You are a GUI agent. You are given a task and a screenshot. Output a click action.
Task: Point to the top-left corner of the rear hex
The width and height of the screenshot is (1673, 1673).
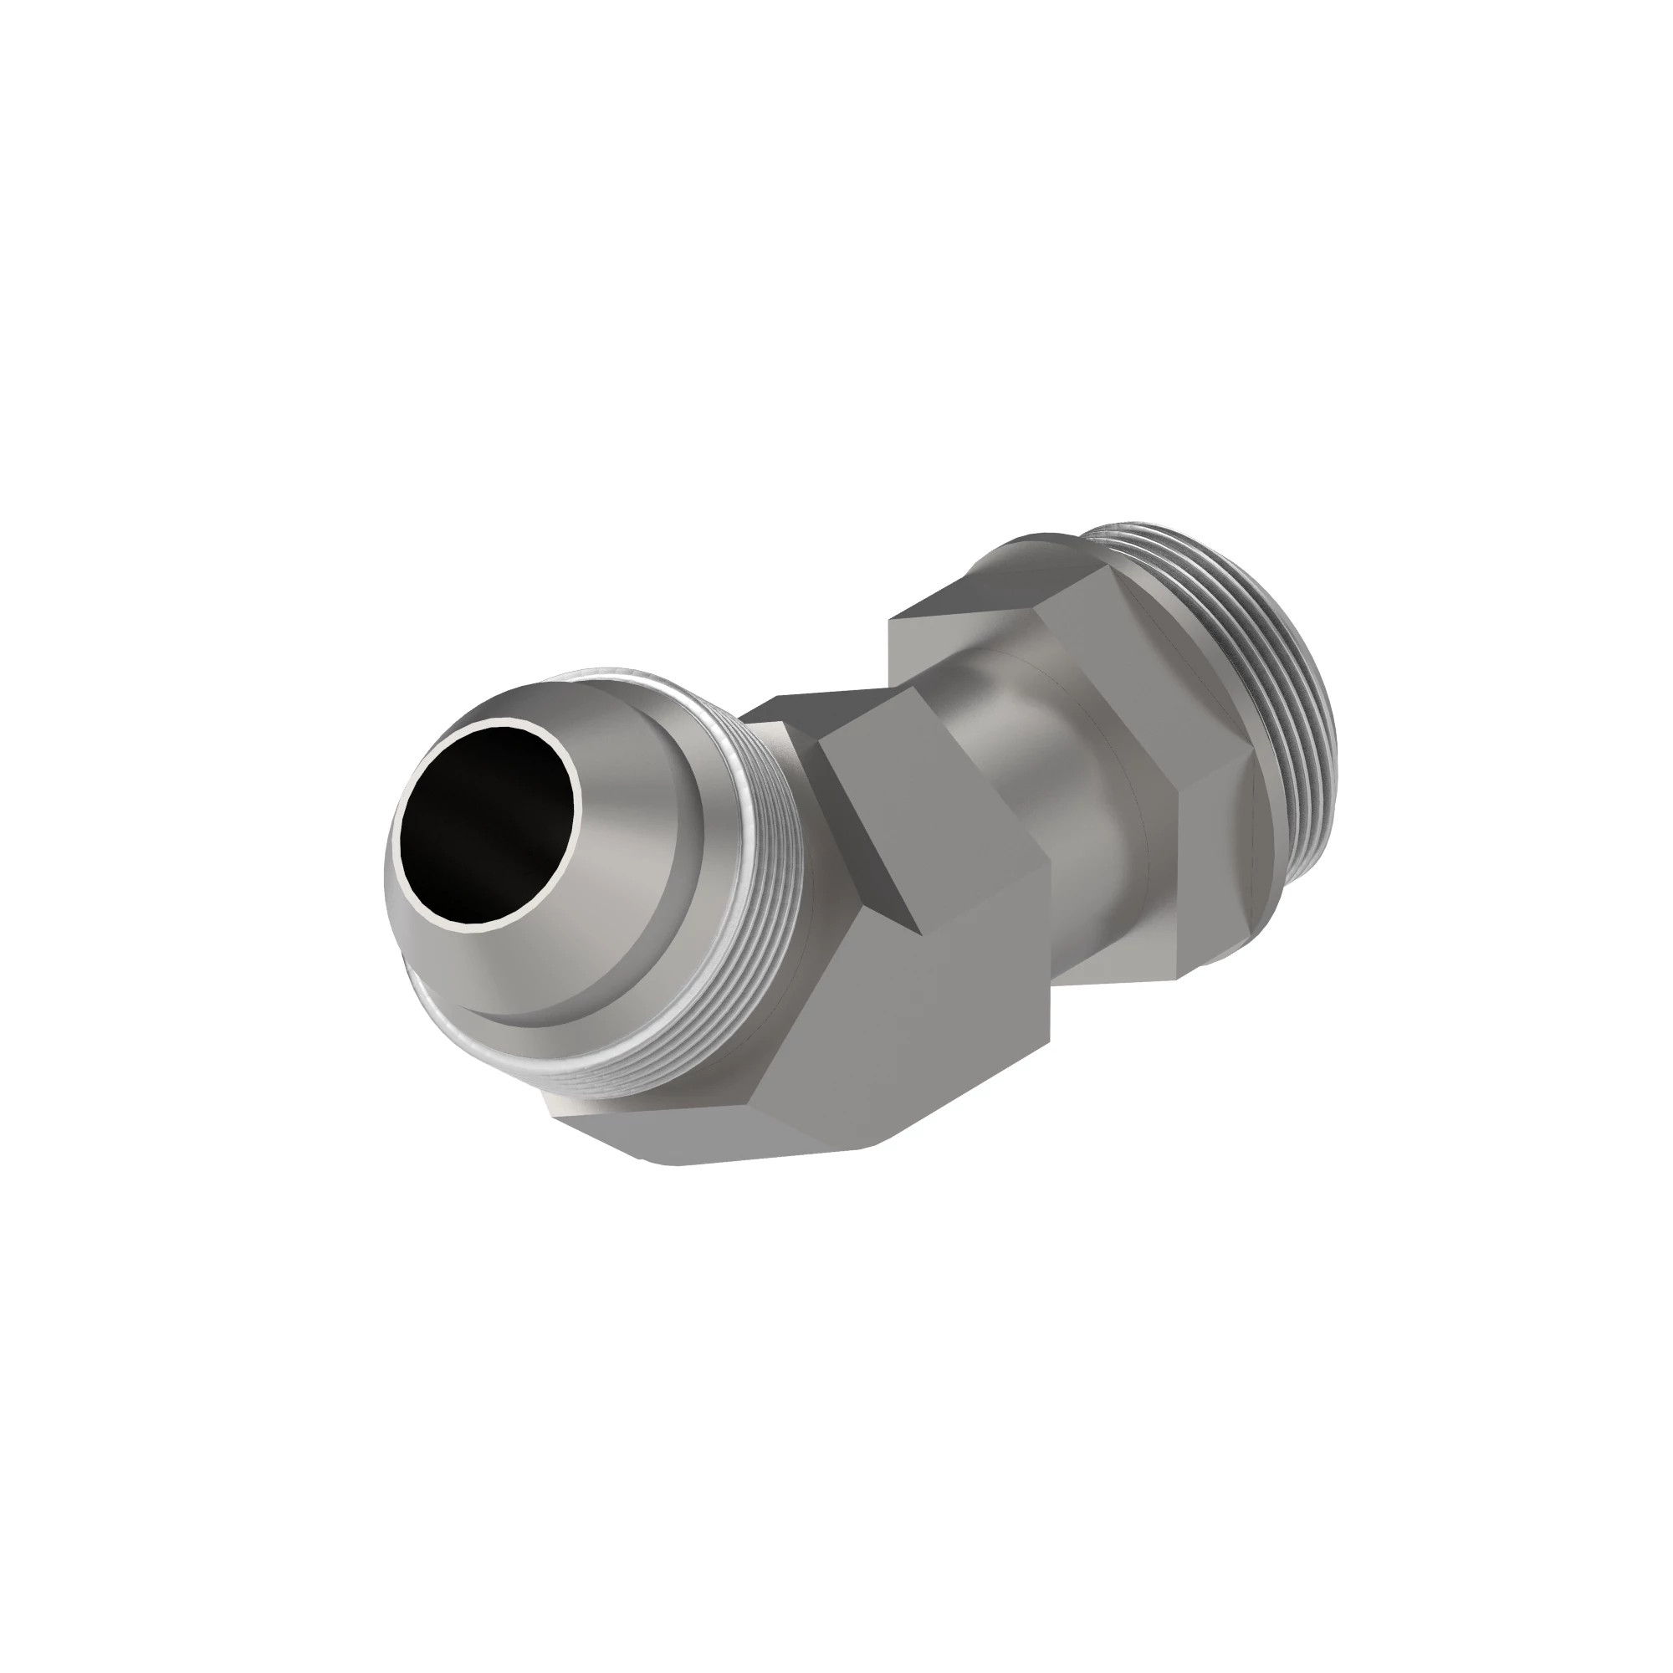892,619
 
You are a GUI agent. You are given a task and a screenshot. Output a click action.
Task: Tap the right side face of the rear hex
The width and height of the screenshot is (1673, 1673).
1212,866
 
